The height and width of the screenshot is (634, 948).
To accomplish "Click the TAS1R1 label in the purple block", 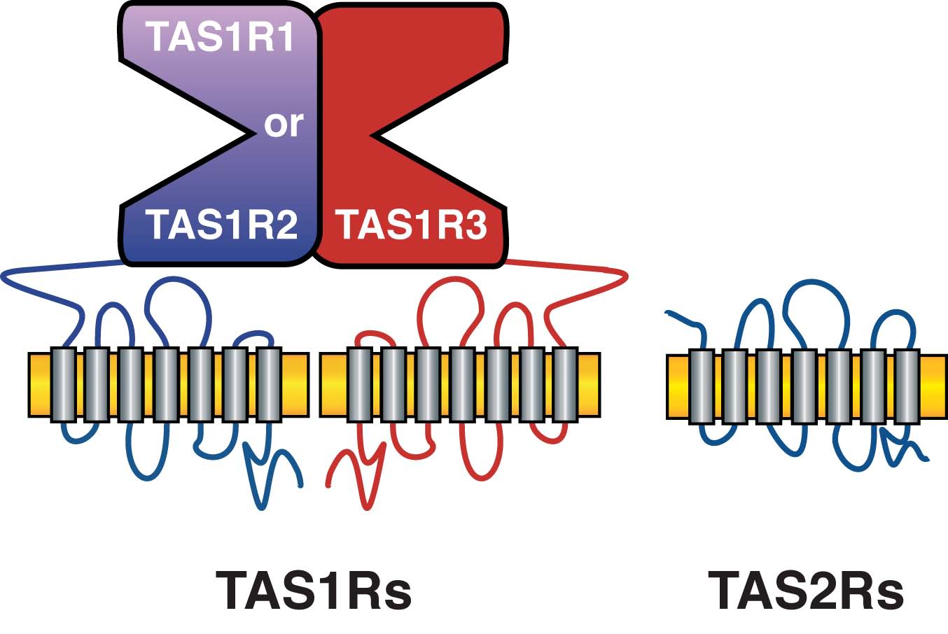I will [219, 36].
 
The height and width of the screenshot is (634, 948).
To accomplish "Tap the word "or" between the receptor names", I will [284, 125].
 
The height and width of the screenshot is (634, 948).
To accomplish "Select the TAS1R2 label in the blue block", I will [222, 225].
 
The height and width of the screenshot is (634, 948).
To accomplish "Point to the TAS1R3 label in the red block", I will [412, 225].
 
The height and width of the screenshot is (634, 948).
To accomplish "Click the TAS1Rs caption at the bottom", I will [314, 590].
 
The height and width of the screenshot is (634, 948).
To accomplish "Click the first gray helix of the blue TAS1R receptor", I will [63, 385].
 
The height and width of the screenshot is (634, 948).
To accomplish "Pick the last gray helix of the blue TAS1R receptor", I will [269, 385].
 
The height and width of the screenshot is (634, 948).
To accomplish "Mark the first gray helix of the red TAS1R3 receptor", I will [359, 385].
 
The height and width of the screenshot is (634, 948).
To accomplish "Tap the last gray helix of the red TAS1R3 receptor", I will [565, 385].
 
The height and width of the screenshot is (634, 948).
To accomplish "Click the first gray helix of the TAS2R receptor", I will [701, 386].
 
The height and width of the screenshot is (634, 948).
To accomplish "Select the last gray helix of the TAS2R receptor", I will [907, 386].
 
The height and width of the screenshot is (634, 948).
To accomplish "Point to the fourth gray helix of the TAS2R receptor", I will [804, 386].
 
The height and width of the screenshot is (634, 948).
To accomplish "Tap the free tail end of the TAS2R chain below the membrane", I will [928, 460].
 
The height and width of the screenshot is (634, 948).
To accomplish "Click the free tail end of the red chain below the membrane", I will [328, 484].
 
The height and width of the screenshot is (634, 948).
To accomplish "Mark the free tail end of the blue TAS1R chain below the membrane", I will [302, 486].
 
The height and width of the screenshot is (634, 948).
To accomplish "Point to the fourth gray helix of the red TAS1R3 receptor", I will [462, 385].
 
